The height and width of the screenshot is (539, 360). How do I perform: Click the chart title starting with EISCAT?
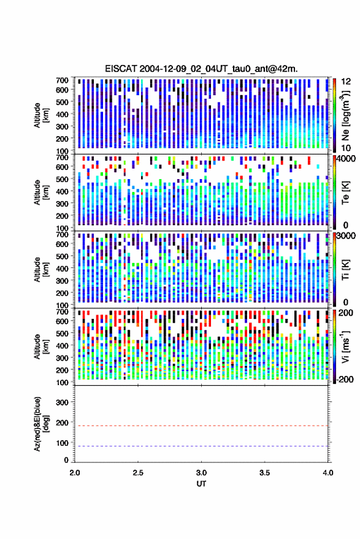pyautogui.click(x=201, y=69)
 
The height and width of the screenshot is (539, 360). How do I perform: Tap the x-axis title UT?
pyautogui.click(x=201, y=484)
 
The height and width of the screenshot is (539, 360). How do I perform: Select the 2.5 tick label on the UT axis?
pyautogui.click(x=138, y=473)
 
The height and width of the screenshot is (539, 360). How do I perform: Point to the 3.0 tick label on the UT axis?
pyautogui.click(x=201, y=473)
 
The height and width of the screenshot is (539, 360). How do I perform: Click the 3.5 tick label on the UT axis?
pyautogui.click(x=264, y=473)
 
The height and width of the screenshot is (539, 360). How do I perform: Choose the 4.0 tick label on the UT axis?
pyautogui.click(x=327, y=473)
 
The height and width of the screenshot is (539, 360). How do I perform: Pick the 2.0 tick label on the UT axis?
pyautogui.click(x=75, y=473)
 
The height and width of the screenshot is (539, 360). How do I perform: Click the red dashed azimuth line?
pyautogui.click(x=201, y=426)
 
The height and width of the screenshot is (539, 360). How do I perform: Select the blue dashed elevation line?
pyautogui.click(x=201, y=446)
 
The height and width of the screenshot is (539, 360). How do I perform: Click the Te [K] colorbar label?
pyautogui.click(x=345, y=193)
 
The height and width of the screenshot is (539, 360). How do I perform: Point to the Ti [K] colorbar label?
pyautogui.click(x=345, y=270)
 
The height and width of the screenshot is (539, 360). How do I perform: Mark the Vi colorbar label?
pyautogui.click(x=345, y=346)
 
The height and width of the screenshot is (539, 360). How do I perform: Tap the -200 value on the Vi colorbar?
pyautogui.click(x=345, y=379)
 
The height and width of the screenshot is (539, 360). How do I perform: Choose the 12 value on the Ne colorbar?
pyautogui.click(x=346, y=82)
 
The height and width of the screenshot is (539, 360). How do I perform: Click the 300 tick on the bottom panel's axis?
pyautogui.click(x=62, y=402)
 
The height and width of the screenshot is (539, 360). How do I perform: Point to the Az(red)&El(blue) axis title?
pyautogui.click(x=41, y=424)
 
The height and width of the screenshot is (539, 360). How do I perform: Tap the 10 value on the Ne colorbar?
pyautogui.click(x=346, y=148)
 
